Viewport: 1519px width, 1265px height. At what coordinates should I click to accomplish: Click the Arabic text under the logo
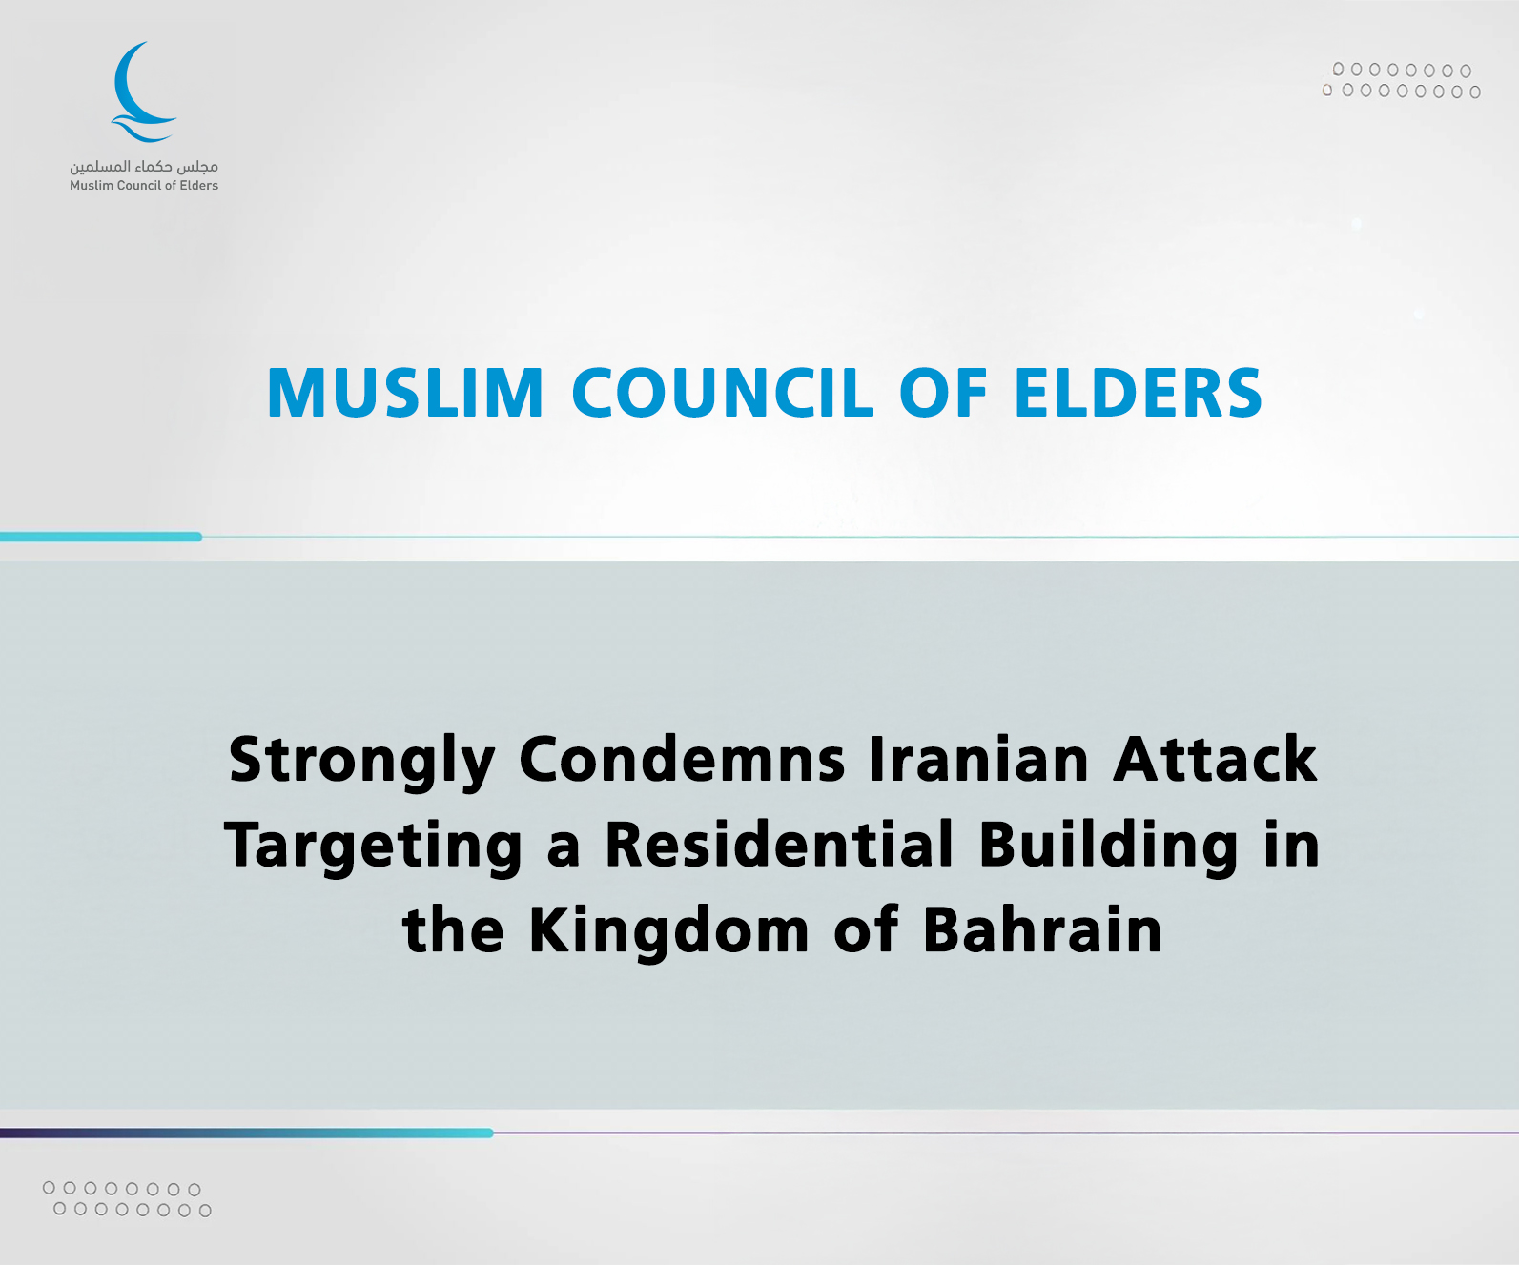point(144,167)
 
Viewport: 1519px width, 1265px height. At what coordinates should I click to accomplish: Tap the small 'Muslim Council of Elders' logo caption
point(144,186)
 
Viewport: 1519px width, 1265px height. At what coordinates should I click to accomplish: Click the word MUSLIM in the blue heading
point(405,393)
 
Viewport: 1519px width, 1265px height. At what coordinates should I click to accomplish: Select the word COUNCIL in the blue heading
point(723,393)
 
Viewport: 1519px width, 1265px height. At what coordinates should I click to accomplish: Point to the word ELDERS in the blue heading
point(1139,393)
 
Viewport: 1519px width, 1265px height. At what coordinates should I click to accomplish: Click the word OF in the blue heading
point(944,393)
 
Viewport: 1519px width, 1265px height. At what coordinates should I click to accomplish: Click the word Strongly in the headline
point(362,762)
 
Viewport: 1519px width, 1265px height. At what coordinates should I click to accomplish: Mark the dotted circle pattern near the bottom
point(128,1199)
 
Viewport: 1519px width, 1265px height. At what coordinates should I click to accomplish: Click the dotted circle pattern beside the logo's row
point(1401,81)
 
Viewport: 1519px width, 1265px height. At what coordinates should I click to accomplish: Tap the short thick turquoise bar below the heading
point(101,537)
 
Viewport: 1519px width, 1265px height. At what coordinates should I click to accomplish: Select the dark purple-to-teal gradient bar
point(247,1132)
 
